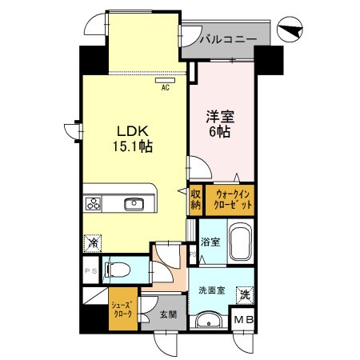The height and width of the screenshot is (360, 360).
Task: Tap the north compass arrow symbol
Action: click(x=292, y=30)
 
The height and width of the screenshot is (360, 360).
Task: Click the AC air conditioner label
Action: click(x=166, y=87)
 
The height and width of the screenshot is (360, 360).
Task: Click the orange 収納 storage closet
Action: click(x=196, y=199)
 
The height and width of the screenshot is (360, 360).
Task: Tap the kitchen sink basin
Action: click(x=134, y=204)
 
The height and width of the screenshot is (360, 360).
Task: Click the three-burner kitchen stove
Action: click(x=94, y=204)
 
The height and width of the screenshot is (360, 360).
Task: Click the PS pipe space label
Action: click(x=90, y=270)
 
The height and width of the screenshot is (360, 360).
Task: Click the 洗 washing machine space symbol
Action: click(x=245, y=294)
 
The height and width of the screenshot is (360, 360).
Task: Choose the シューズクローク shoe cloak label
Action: click(x=122, y=310)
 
